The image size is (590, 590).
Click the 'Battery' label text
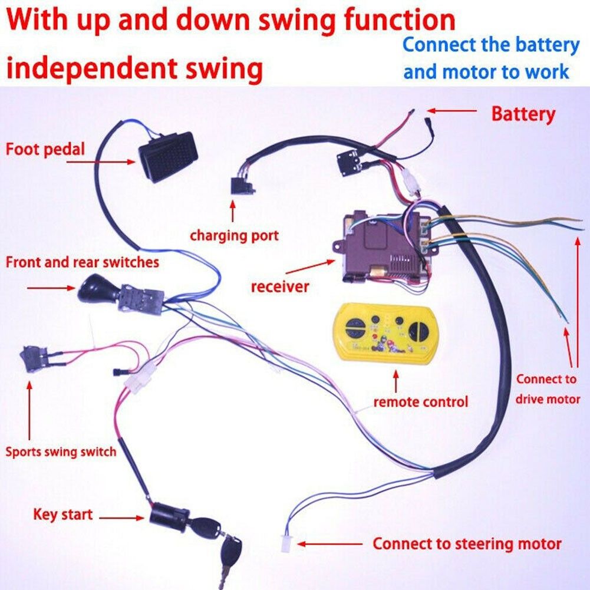tap(523, 114)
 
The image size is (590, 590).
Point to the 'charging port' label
tap(234, 236)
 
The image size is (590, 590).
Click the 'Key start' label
tap(62, 514)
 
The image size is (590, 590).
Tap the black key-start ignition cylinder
tap(168, 517)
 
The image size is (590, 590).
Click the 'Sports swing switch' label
tap(61, 452)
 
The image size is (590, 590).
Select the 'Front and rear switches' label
tap(83, 262)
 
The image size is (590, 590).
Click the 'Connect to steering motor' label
tap(467, 543)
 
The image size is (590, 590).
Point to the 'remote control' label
tap(420, 402)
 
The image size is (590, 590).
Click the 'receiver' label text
tap(280, 287)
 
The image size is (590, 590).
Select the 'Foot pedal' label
tap(45, 149)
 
